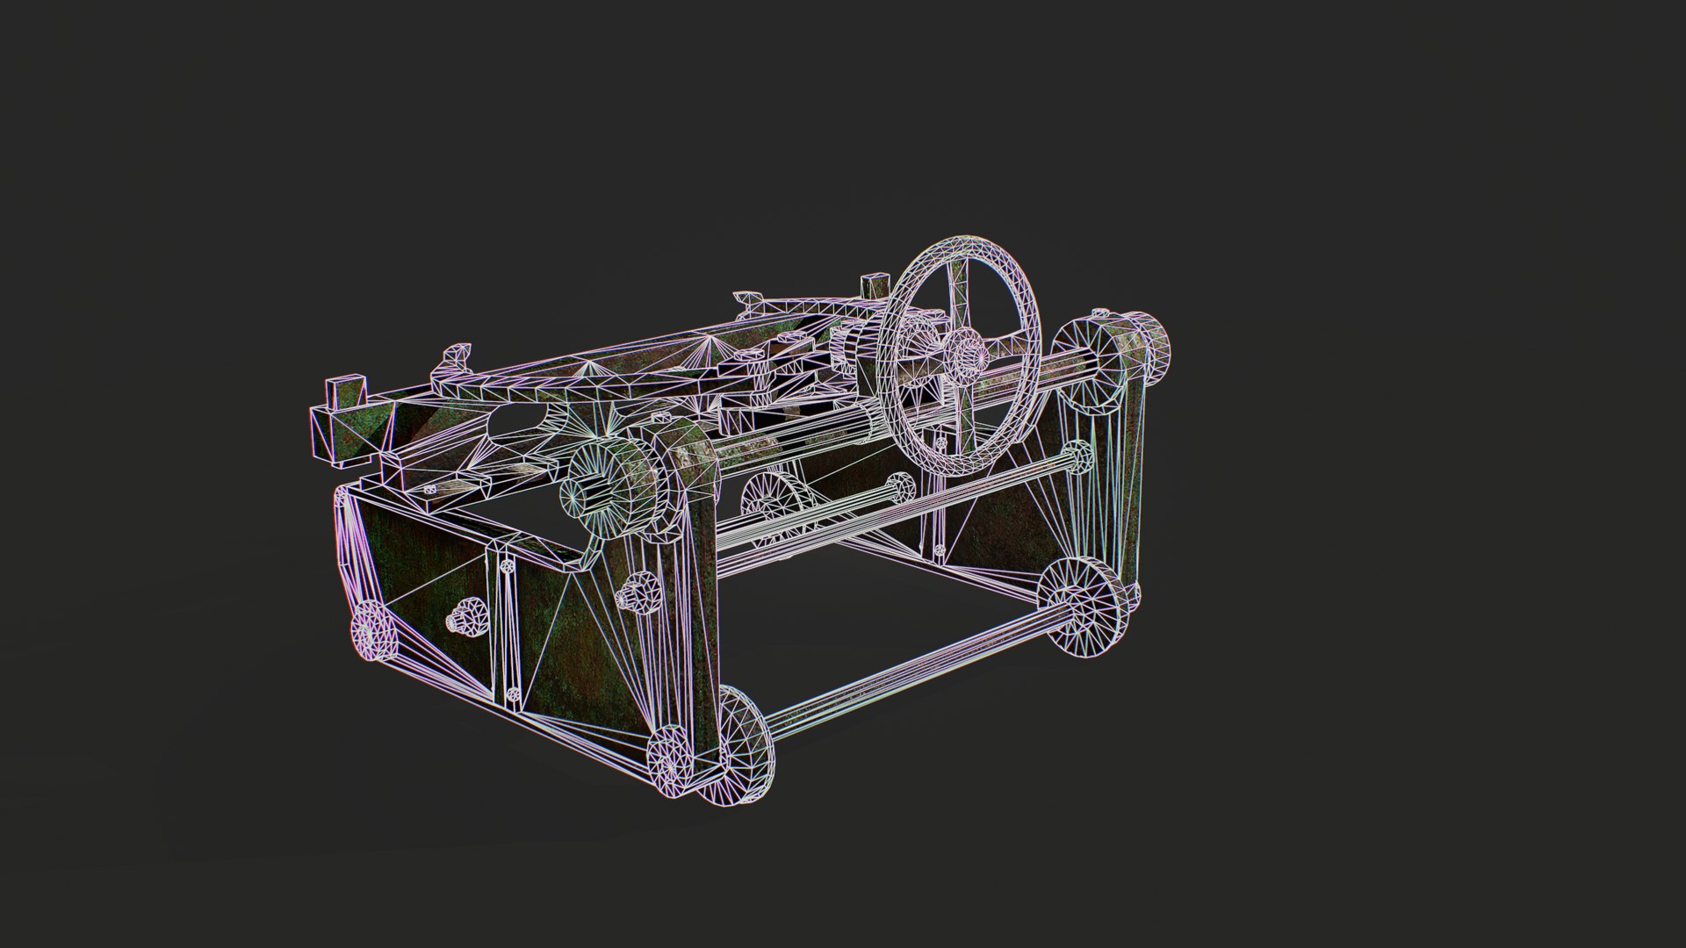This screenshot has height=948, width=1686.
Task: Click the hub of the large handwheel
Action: (966, 353)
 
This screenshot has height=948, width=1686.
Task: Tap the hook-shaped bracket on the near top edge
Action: (455, 357)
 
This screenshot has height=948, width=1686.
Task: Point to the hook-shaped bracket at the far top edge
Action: (748, 301)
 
